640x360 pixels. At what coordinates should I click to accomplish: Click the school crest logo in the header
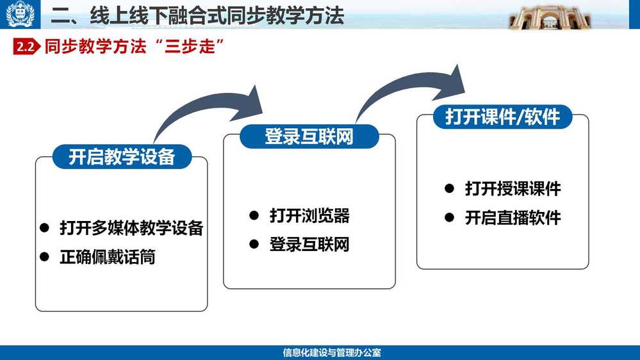(x=20, y=14)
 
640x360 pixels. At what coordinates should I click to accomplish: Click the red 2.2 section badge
(x=26, y=47)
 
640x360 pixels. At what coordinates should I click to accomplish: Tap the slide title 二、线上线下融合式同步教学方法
(x=197, y=16)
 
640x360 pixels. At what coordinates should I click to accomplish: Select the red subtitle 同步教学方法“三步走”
(x=135, y=47)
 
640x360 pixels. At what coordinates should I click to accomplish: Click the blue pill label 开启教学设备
(x=122, y=157)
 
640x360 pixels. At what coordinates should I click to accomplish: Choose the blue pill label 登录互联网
(x=309, y=136)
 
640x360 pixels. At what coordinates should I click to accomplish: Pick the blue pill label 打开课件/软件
(x=502, y=117)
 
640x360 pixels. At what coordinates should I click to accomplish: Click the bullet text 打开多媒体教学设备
(x=131, y=228)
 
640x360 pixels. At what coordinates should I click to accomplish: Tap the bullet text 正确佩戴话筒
(x=108, y=257)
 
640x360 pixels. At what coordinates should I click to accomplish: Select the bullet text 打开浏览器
(x=309, y=215)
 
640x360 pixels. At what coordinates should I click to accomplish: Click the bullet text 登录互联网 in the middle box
(x=309, y=245)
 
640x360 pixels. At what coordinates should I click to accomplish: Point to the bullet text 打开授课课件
(x=513, y=188)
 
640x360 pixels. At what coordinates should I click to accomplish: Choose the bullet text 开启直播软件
(x=513, y=218)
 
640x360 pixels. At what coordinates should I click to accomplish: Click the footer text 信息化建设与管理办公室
(x=332, y=353)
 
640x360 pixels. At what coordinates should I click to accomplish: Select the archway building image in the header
(x=550, y=17)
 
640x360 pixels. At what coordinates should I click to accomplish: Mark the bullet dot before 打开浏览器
(x=254, y=215)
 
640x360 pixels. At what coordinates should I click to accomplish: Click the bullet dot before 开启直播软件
(x=449, y=218)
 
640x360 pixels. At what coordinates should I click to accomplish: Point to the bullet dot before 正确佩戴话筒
(x=44, y=257)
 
